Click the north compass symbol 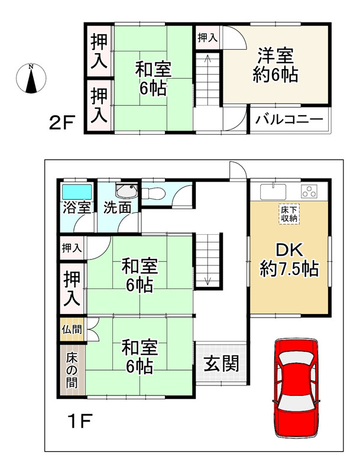pyautogui.click(x=31, y=78)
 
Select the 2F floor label pyautogui.click(x=61, y=123)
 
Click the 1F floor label pyautogui.click(x=80, y=421)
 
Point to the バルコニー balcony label pyautogui.click(x=289, y=120)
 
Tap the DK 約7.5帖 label pyautogui.click(x=289, y=260)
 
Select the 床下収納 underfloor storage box pyautogui.click(x=289, y=215)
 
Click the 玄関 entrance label pyautogui.click(x=222, y=363)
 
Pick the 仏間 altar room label pyautogui.click(x=72, y=329)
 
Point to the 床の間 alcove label pyautogui.click(x=72, y=370)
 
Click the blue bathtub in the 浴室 pyautogui.click(x=77, y=192)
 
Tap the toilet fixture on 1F pyautogui.click(x=153, y=193)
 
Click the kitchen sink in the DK pyautogui.click(x=273, y=191)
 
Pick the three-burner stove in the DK pyautogui.click(x=309, y=191)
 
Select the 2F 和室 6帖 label pyautogui.click(x=153, y=78)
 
